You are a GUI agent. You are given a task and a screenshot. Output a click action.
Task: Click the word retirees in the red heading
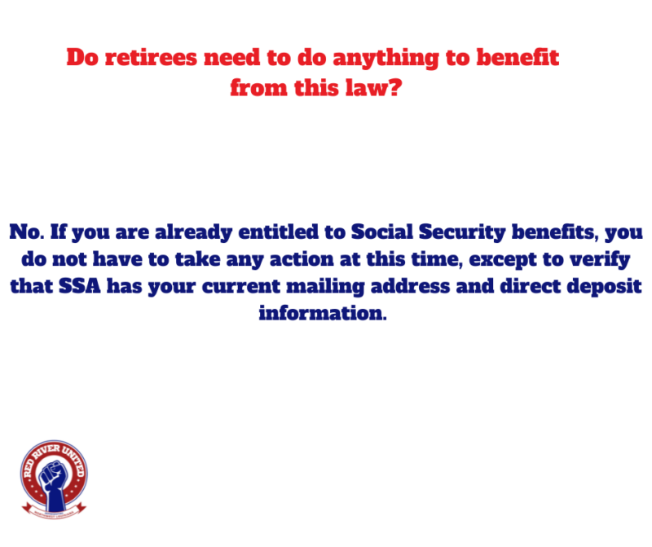pos(151,57)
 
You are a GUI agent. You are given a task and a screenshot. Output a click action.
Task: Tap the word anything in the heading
pos(385,58)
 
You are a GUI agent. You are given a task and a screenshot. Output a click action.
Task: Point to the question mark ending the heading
pos(394,87)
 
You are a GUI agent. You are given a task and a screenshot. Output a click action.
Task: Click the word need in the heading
pos(232,57)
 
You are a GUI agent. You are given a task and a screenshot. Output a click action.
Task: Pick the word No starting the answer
pos(24,232)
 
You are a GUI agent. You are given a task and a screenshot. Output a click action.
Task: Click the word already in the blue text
pos(193,232)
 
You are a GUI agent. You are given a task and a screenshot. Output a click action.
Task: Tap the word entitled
pos(279,232)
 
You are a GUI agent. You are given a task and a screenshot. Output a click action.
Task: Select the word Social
pos(382,232)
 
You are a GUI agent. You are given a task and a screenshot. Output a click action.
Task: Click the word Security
pos(462,232)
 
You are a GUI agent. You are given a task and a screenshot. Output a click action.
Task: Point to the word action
pos(302,259)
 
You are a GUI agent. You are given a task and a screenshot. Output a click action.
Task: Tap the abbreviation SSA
pos(79,286)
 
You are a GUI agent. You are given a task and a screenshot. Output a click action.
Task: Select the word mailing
pos(325,287)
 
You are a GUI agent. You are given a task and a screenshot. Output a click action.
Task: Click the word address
pos(410,286)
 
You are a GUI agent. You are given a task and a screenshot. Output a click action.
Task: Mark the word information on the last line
pos(322,313)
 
